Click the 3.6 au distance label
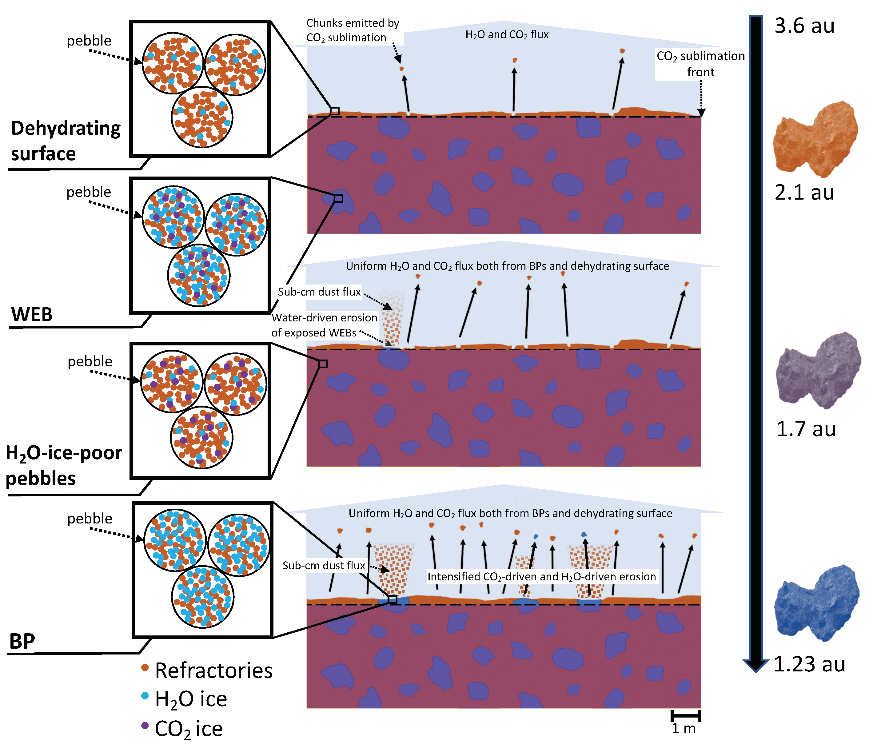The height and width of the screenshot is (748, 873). [x=804, y=26]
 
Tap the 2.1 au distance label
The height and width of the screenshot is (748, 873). [x=804, y=193]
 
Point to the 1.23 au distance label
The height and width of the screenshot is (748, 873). [x=809, y=664]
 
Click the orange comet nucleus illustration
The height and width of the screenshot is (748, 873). [x=815, y=139]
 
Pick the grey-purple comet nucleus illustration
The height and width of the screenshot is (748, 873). [x=817, y=371]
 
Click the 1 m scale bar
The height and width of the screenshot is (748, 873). [x=685, y=716]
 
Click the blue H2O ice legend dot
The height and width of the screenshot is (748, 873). [x=145, y=696]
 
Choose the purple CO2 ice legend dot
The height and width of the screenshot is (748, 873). [x=145, y=725]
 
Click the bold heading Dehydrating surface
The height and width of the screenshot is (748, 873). [x=65, y=141]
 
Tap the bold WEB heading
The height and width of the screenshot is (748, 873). [x=32, y=315]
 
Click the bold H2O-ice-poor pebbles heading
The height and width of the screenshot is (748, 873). [x=63, y=465]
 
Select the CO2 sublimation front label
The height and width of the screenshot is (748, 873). [x=700, y=64]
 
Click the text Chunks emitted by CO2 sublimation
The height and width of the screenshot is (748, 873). [x=352, y=30]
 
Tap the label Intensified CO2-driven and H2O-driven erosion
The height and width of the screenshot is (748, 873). [x=542, y=577]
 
